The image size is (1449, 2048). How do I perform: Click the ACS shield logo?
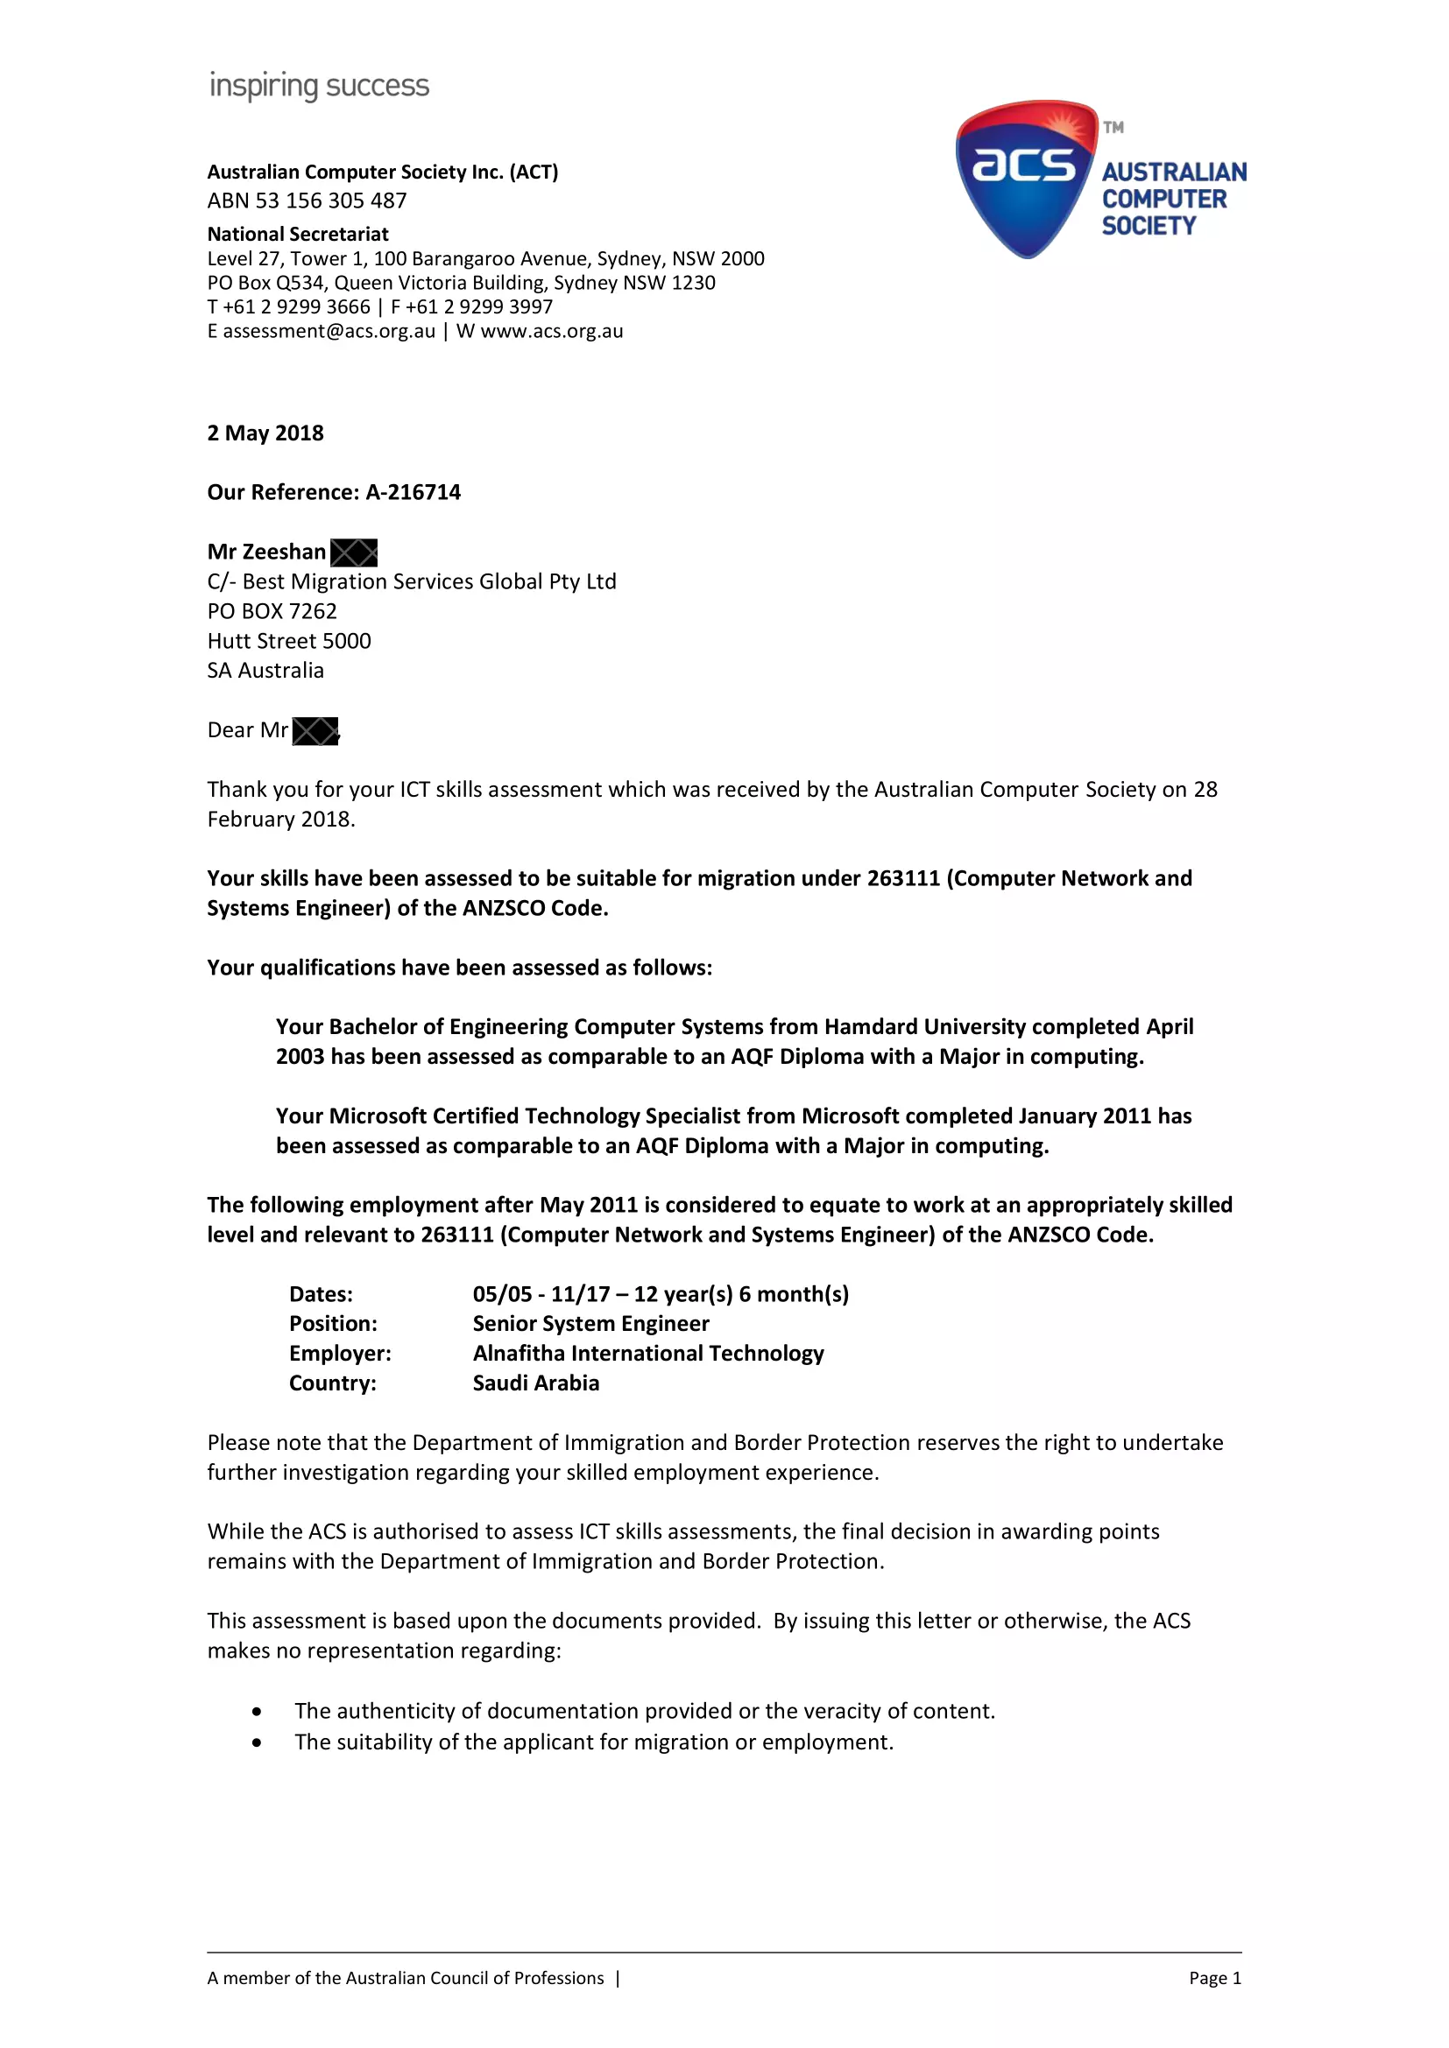tap(1026, 179)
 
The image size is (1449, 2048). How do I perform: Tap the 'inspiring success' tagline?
tap(319, 87)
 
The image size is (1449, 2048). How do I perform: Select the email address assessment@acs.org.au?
tap(329, 331)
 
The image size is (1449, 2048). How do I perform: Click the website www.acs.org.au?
tap(551, 331)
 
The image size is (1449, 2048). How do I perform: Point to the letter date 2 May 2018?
tap(265, 433)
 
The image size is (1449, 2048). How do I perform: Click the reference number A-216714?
tap(413, 492)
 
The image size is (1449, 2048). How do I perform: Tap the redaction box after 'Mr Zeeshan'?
tap(353, 553)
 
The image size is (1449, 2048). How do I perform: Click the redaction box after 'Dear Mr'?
tap(315, 731)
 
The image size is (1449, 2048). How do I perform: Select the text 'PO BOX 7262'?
tap(272, 612)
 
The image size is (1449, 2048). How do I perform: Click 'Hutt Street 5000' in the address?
tap(289, 641)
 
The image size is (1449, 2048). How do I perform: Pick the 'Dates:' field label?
tap(322, 1294)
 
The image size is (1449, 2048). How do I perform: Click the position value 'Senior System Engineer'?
tap(590, 1324)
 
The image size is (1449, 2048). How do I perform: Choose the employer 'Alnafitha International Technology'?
tap(647, 1354)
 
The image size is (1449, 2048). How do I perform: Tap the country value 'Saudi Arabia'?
tap(535, 1383)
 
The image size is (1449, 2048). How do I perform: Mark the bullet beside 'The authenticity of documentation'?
tap(257, 1712)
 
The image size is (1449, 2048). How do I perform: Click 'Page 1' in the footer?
tap(1214, 1979)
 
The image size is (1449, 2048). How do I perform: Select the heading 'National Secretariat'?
tap(298, 235)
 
